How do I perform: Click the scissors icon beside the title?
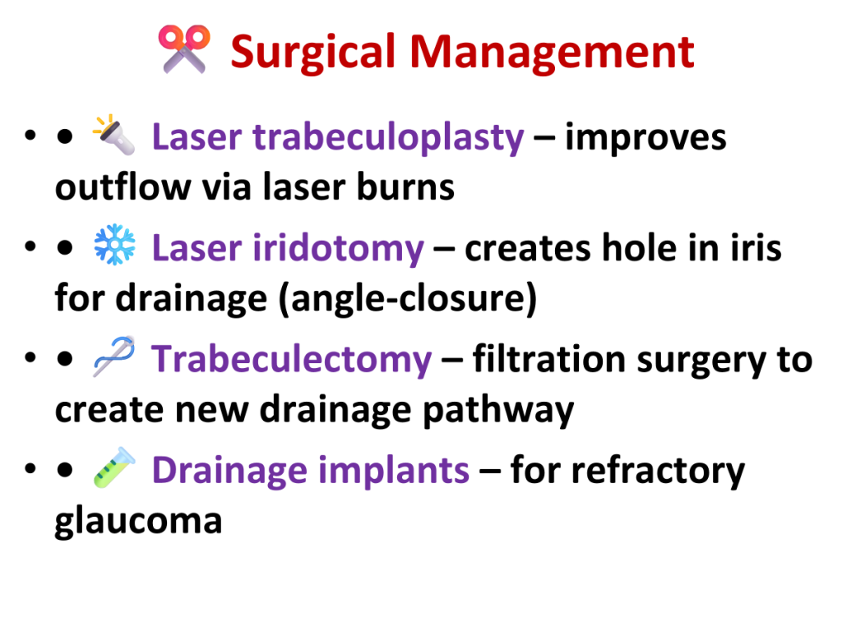(184, 48)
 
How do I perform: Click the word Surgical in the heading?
(313, 53)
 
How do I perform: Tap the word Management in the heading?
(552, 53)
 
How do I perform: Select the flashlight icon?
(113, 135)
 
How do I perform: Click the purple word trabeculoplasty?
(388, 138)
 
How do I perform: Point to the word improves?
(645, 138)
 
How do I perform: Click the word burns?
(405, 187)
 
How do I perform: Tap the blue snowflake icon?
(114, 245)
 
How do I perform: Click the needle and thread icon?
(113, 357)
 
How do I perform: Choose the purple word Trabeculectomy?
(292, 360)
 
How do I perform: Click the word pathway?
(498, 411)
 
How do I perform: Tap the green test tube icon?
(114, 467)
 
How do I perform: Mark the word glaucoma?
(138, 521)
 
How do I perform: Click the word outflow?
(123, 187)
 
